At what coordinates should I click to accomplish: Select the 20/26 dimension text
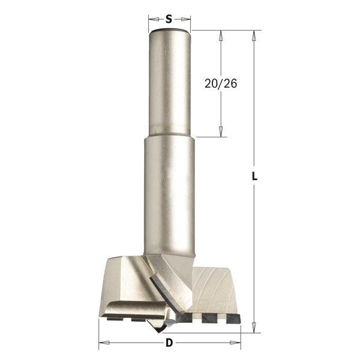221,84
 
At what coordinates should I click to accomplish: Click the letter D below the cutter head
169,343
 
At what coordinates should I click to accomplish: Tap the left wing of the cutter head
123,282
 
